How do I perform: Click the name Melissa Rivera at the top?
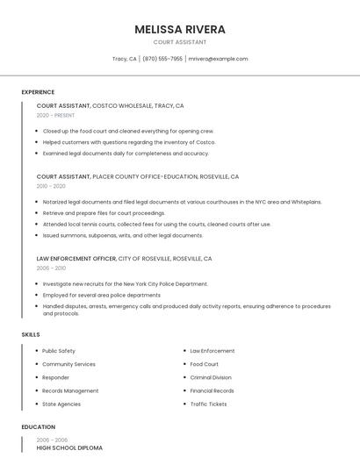180,29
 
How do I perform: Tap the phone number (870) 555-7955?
162,59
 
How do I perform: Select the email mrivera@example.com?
219,59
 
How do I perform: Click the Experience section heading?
38,92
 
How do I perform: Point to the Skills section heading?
31,334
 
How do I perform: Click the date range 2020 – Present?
55,115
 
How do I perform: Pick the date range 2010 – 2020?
51,186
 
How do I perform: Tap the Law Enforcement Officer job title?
76,259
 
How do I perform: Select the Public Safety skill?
59,351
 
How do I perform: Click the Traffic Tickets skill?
208,404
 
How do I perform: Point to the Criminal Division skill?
211,377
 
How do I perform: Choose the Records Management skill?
70,390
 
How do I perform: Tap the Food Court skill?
205,364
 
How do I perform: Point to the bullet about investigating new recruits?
125,284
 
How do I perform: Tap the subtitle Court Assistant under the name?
180,42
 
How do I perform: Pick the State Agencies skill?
61,404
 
